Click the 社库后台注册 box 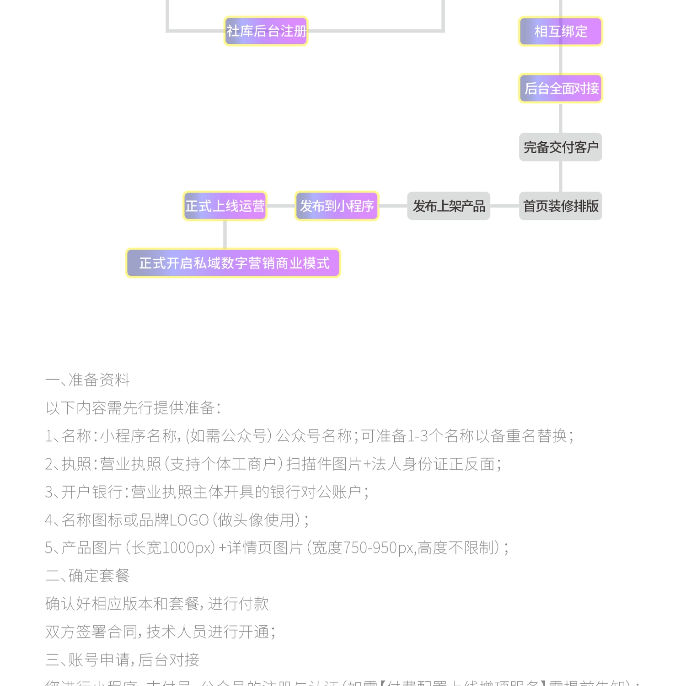266,31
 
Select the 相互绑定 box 561,31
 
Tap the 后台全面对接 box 561,88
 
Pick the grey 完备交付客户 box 561,147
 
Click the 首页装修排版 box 561,206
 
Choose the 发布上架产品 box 449,206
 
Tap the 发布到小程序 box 337,206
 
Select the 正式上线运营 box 225,206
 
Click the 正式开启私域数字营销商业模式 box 233,263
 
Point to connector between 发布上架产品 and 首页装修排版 504,206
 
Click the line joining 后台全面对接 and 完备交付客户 561,118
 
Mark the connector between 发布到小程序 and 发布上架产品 393,206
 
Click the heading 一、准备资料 87,380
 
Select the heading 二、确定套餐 87,576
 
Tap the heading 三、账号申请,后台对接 122,660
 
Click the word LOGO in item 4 189,520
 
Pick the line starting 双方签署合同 160,632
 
